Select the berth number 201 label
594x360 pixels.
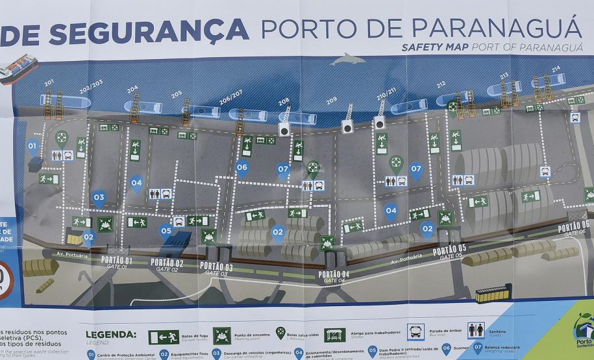[49, 84]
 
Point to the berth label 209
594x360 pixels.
[332, 101]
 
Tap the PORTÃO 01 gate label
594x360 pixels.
[117, 261]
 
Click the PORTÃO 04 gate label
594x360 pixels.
[334, 275]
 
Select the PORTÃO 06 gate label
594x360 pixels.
[573, 228]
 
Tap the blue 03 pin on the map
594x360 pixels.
[99, 198]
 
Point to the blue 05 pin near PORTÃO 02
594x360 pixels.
[166, 231]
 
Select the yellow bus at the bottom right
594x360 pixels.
[494, 294]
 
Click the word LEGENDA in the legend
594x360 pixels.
[111, 335]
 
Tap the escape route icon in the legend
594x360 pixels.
[164, 337]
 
